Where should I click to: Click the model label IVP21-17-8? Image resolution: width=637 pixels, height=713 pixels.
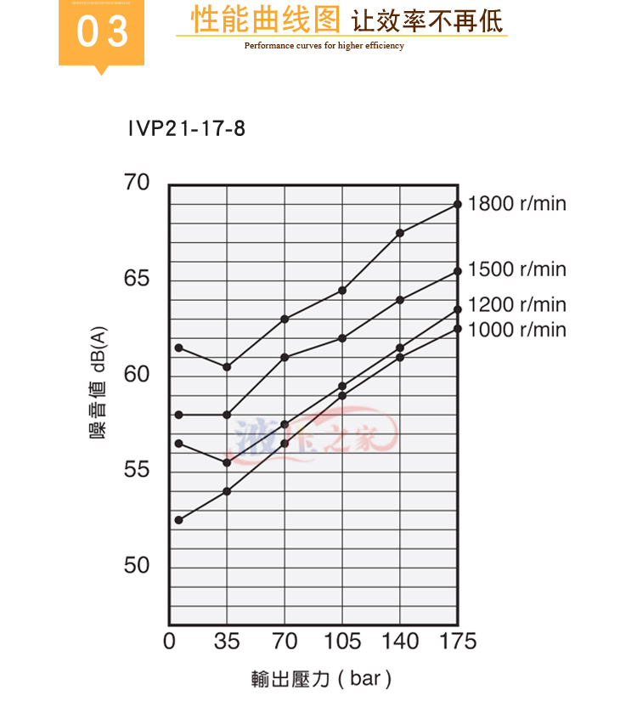(186, 129)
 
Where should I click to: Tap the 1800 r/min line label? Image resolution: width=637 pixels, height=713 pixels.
(516, 204)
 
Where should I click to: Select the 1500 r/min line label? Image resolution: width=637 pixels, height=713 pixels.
(516, 269)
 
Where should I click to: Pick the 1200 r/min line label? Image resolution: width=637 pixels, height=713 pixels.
(516, 305)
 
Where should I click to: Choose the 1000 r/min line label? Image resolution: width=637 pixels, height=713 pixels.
(516, 330)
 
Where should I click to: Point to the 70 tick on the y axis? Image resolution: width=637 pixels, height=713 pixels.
(136, 183)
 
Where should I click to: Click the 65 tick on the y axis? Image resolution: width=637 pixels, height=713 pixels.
(136, 279)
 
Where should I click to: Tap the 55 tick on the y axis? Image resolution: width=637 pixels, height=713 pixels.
(136, 470)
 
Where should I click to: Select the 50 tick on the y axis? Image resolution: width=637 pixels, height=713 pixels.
(136, 566)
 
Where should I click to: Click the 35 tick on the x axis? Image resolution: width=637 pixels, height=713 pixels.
(227, 641)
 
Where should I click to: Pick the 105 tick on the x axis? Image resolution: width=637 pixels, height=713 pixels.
(342, 641)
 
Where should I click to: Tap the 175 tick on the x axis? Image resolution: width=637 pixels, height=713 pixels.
(457, 641)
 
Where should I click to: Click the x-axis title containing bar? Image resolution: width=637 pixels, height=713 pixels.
(321, 679)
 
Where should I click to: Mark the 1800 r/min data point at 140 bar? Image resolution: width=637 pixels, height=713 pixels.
(400, 233)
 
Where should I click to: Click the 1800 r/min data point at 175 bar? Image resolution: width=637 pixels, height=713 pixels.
(458, 204)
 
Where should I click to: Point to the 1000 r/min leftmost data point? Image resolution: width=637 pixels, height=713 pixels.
(178, 520)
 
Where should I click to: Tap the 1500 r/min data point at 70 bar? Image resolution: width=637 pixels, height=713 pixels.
(285, 357)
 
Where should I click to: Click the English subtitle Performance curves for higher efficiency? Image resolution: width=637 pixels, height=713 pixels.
(324, 46)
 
